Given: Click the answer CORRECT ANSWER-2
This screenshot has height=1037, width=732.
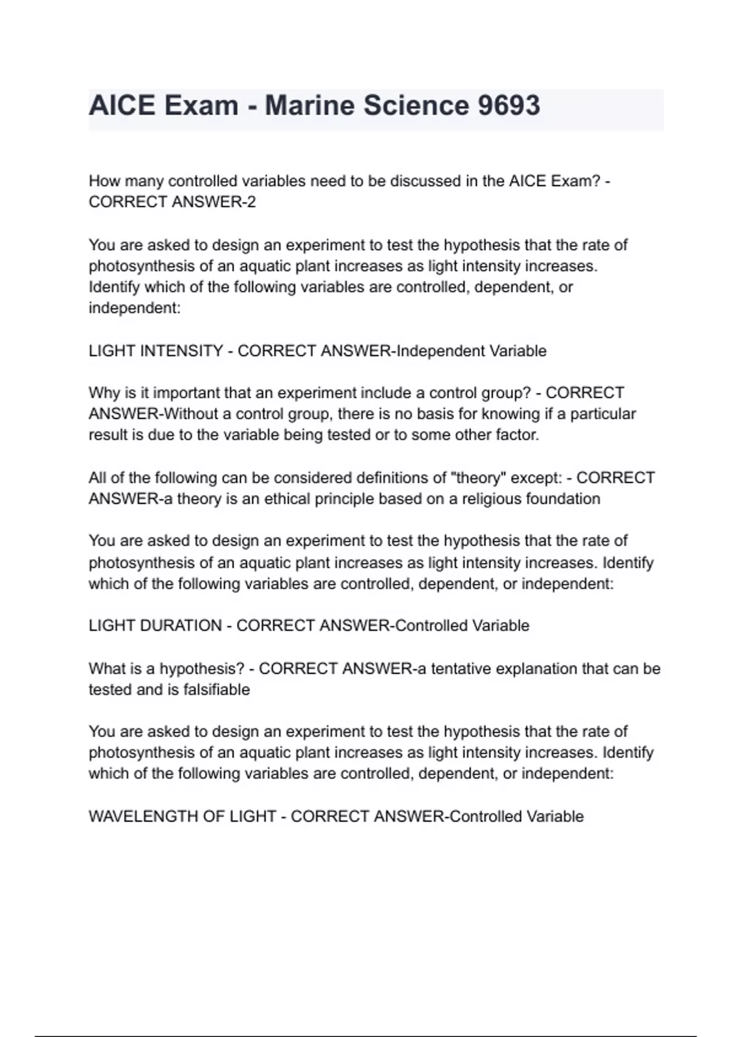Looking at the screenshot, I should (x=172, y=202).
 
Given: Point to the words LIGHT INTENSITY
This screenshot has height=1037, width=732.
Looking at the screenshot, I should (x=156, y=351).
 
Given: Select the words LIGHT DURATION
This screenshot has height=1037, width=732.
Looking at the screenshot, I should (x=155, y=626).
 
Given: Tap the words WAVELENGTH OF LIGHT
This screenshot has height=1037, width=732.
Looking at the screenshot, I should (x=182, y=816).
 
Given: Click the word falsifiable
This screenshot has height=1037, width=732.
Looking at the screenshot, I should (x=217, y=690).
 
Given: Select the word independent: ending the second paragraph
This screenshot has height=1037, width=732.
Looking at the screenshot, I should (x=135, y=308).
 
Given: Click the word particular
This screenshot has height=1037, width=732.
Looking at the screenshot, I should (x=603, y=414).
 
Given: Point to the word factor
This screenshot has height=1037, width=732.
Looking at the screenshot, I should (x=518, y=436).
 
